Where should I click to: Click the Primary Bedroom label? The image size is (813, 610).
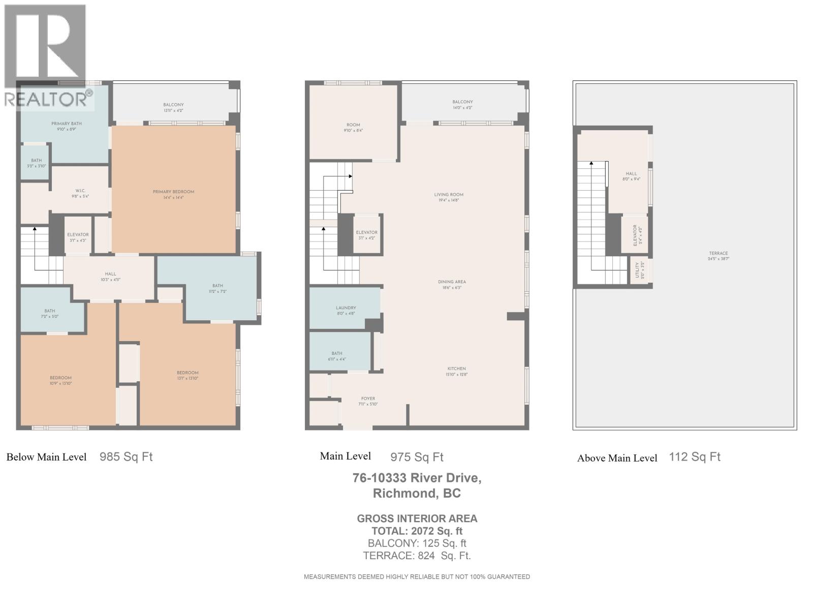(173, 192)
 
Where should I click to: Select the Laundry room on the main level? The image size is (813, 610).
(346, 308)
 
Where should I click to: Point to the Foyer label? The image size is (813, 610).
(368, 399)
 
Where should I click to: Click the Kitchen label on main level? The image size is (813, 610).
(456, 369)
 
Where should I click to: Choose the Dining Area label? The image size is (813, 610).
(452, 282)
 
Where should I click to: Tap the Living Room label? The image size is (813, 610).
(449, 195)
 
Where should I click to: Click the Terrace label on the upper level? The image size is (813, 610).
(718, 254)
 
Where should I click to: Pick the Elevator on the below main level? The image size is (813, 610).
(78, 235)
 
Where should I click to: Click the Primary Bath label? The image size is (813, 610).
(66, 124)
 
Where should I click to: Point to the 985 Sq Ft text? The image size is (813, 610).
(126, 456)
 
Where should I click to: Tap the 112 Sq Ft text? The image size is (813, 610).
(695, 456)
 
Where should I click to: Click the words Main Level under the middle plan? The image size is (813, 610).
(346, 456)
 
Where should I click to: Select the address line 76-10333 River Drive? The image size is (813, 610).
(417, 478)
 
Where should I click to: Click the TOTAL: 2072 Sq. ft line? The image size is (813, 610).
(417, 531)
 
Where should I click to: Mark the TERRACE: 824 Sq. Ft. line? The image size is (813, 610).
(417, 556)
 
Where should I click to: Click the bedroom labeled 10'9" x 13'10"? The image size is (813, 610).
(60, 378)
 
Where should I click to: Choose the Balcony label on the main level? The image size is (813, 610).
(462, 102)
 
